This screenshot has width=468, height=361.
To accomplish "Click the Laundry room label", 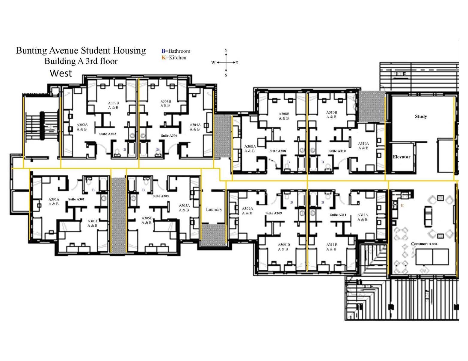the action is coord(214,209).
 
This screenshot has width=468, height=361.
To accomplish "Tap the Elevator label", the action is coord(401,157).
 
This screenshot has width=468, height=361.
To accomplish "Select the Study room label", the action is coord(421,116).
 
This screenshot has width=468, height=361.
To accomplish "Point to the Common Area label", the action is coord(424,243).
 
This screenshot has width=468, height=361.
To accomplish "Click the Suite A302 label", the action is coord(108,134).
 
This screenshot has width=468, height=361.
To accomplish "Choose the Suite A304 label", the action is coord(169,136).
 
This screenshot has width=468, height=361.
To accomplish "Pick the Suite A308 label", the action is coord(278,151).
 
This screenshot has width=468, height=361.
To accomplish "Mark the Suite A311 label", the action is coord(338,215).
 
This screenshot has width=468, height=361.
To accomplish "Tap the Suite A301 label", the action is coord(76,199).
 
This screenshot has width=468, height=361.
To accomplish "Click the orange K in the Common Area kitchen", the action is coord(402,206).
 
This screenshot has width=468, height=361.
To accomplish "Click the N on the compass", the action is coord(226,50).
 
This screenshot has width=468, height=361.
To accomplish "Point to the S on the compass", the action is coord(226,75).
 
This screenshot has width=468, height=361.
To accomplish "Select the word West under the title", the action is coord(61,73).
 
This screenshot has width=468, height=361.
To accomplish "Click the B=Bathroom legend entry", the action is coord(176,51).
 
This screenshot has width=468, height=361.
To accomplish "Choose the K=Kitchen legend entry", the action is coord(174,58).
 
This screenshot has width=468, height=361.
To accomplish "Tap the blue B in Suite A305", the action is coord(144,190).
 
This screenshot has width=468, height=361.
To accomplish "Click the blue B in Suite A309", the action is coord(292,202).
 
